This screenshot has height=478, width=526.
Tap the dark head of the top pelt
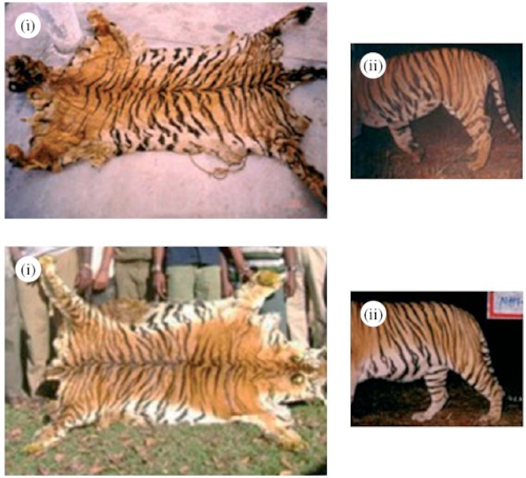point(23,73)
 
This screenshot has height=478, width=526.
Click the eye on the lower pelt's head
point(297,379)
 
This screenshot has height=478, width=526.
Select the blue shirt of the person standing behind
point(193,256)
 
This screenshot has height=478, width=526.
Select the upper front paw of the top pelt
point(97,18)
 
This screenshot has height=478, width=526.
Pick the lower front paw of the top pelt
point(16,154)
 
